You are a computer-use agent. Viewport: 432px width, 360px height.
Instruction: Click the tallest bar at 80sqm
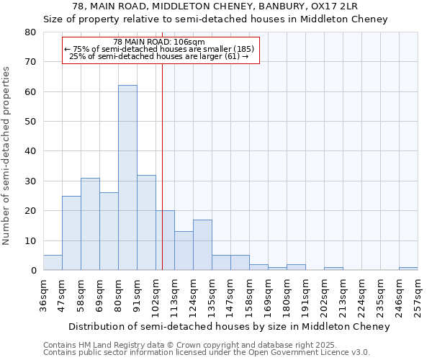coord(127,178)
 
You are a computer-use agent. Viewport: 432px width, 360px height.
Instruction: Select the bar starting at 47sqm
coord(71,233)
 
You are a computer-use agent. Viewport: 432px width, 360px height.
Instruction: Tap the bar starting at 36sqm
coord(53,263)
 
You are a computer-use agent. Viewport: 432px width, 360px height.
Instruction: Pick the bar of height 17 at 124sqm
coord(202,245)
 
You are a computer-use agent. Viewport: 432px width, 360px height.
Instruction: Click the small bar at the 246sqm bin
coord(408,269)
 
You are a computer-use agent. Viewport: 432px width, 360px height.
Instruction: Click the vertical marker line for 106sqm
coord(163,166)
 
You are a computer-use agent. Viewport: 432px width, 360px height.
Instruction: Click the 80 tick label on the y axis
coord(30,32)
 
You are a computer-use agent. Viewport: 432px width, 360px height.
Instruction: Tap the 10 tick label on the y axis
coord(30,241)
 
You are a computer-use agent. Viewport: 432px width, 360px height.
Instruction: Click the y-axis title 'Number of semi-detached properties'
coord(7,155)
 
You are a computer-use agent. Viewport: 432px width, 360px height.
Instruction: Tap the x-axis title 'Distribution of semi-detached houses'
coord(230,327)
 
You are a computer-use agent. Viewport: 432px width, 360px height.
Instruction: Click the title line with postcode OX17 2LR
coord(215,6)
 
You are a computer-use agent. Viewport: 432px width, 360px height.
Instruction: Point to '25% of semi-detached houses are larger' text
coord(158,56)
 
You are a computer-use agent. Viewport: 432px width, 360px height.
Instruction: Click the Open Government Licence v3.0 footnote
coord(207,352)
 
